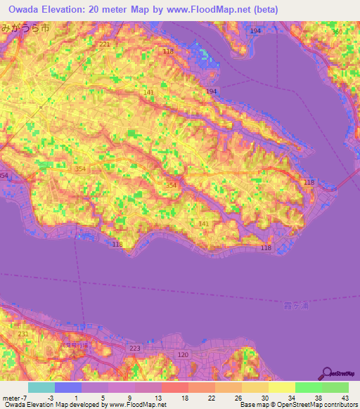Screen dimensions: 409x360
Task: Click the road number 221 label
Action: click(105, 44)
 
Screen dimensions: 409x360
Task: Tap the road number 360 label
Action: click(337, 32)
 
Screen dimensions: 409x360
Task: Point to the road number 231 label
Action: click(23, 334)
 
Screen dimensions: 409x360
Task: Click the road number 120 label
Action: click(183, 356)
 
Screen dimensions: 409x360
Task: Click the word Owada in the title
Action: click(26, 10)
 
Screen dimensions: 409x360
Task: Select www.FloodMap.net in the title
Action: click(215, 10)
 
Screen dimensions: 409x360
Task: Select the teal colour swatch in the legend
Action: click(41, 387)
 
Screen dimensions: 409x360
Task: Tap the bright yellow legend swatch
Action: click(282, 387)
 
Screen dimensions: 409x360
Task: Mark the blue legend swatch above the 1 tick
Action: click(68, 387)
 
